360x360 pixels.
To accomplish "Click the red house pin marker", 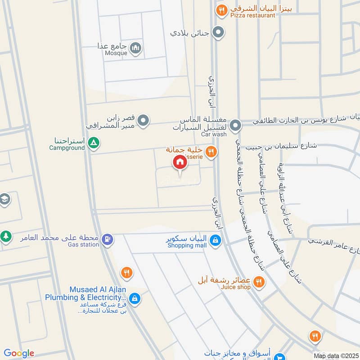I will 180,162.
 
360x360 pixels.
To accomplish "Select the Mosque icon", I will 135,48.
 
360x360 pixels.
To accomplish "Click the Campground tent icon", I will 94,144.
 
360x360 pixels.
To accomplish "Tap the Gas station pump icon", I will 107,239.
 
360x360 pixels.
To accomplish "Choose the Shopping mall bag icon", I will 216,240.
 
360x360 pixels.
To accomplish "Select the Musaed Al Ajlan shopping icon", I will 134,298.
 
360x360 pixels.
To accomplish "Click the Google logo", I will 18,353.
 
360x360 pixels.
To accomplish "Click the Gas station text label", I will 83,244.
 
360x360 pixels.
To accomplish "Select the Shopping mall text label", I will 187,245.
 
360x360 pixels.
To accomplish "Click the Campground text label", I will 67,148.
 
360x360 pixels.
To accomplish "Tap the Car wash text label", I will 213,135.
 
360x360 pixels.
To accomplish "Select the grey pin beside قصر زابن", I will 143,121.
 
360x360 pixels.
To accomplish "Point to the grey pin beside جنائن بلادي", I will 218,32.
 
